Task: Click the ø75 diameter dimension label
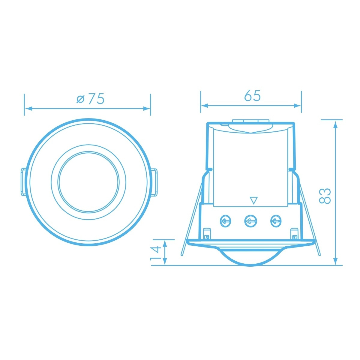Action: click(91, 99)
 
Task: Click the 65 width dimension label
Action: click(252, 96)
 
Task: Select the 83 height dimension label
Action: click(325, 196)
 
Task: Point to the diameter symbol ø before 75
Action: click(80, 99)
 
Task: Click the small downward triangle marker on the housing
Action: click(254, 201)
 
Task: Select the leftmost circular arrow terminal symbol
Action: click(226, 221)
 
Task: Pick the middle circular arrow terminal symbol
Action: click(250, 221)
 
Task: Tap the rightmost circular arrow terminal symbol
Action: click(275, 221)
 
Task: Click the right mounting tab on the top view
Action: click(155, 182)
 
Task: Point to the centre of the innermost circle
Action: click(89, 182)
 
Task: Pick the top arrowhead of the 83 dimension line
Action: click(336, 124)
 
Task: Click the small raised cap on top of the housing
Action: click(251, 121)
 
